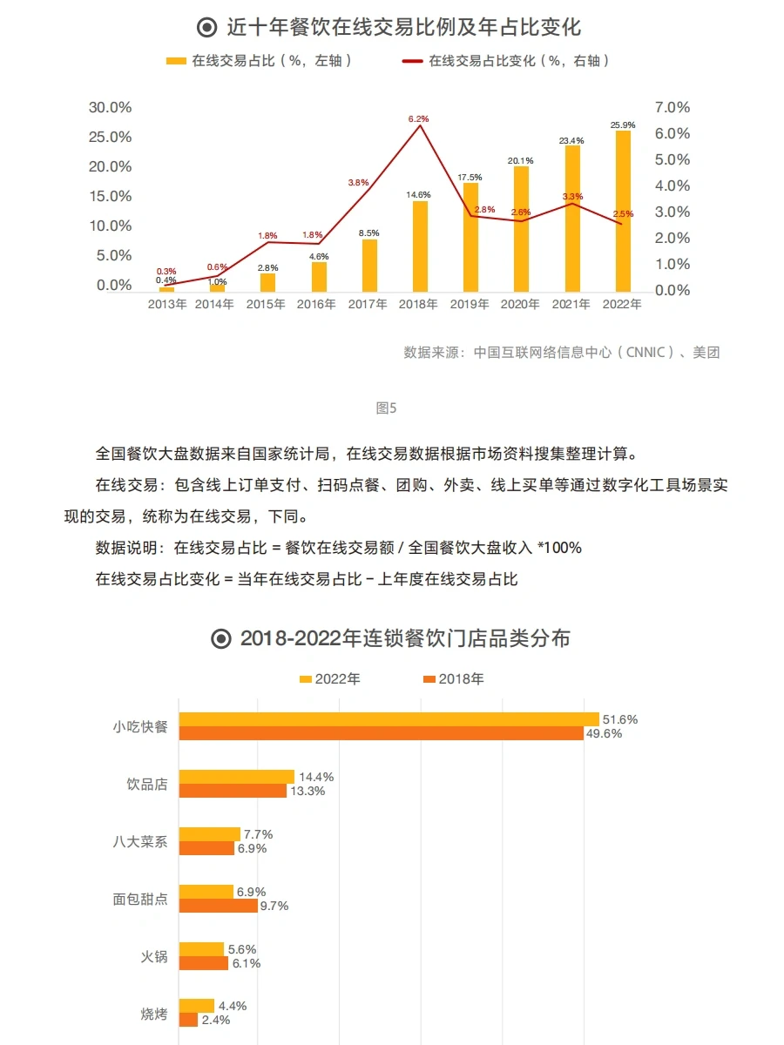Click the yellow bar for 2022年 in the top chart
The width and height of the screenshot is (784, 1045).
[x=622, y=211]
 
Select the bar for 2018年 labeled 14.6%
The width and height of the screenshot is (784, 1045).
[x=420, y=246]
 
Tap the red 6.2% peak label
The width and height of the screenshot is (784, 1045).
[x=419, y=118]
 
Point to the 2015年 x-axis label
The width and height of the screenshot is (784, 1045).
[x=266, y=304]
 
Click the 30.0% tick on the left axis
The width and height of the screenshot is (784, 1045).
[x=111, y=107]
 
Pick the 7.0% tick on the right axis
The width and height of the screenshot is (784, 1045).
[x=672, y=107]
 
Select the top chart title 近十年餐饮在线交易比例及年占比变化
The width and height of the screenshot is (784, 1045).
[x=392, y=27]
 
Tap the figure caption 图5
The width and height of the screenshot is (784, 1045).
[x=386, y=408]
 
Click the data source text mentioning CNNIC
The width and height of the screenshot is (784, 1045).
[x=562, y=352]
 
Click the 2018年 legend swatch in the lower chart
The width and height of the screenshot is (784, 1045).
[x=428, y=678]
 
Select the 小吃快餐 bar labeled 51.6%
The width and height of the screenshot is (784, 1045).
[x=389, y=719]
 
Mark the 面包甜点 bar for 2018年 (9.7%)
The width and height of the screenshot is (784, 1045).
[x=219, y=906]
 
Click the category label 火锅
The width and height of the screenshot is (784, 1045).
[x=153, y=956]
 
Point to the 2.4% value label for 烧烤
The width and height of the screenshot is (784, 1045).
[x=215, y=1020]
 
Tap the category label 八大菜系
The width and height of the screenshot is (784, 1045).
[x=139, y=841]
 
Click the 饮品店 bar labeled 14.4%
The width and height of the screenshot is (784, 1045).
[x=237, y=777]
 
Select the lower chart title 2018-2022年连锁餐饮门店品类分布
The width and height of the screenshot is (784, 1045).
[x=391, y=638]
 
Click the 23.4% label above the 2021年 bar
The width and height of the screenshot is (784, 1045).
[x=571, y=140]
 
